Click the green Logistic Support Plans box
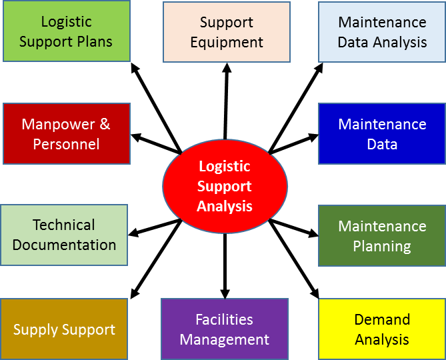tap(66, 32)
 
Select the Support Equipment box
tap(227, 32)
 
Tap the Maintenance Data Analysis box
tap(382, 32)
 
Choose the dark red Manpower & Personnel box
tap(66, 134)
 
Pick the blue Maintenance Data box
tap(382, 134)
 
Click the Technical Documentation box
tap(64, 235)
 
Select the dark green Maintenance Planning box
tap(382, 236)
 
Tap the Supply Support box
tap(64, 329)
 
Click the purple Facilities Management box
tap(225, 329)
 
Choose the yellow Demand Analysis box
tap(382, 329)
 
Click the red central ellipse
tap(225, 186)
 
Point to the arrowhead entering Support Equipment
tap(227, 68)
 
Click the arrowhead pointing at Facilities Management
tap(225, 293)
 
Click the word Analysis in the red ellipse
tap(225, 206)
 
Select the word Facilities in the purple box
tap(225, 320)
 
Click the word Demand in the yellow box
tap(382, 320)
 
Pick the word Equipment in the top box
tap(227, 42)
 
